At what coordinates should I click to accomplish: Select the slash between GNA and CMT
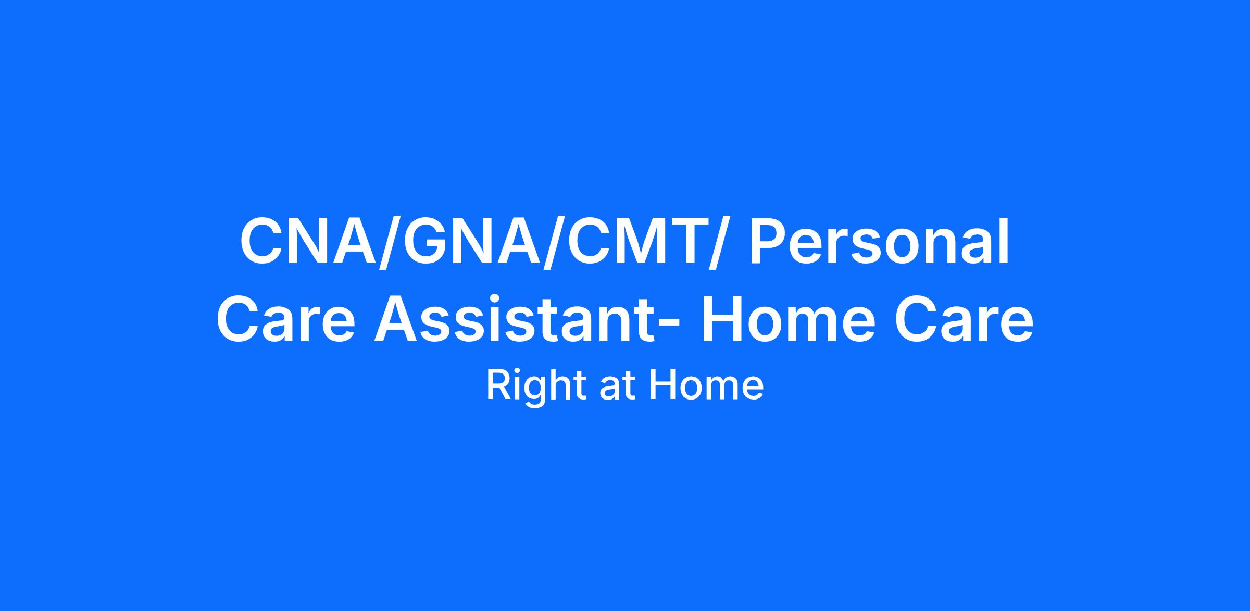click(553, 243)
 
